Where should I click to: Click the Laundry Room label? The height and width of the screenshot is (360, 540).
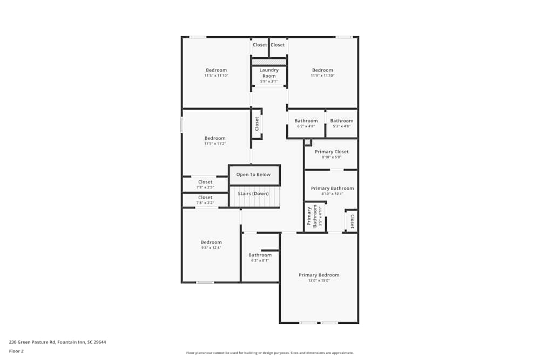click(x=269, y=73)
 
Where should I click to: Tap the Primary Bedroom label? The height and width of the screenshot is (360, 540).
click(x=319, y=275)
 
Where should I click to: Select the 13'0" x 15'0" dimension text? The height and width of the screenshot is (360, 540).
click(x=319, y=281)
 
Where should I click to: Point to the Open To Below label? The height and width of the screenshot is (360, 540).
click(x=254, y=175)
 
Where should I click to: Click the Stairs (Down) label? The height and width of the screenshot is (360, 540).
click(x=253, y=193)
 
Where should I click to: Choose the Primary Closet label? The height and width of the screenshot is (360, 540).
click(x=332, y=152)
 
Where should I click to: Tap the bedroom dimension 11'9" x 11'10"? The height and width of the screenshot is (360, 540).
click(x=322, y=76)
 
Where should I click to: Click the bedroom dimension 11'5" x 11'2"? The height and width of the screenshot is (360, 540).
click(x=215, y=144)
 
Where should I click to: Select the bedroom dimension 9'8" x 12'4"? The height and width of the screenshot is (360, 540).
click(x=211, y=248)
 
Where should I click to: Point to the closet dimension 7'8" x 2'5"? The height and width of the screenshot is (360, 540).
click(x=205, y=187)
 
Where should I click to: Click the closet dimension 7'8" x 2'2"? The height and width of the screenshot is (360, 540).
click(x=205, y=203)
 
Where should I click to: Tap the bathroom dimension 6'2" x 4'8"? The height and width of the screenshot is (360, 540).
click(x=306, y=126)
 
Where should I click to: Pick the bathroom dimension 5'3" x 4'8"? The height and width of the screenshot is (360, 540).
click(x=342, y=126)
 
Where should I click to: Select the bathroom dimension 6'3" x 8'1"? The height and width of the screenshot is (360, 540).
click(x=260, y=261)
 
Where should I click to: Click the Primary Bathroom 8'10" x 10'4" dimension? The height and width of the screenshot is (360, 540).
click(x=332, y=194)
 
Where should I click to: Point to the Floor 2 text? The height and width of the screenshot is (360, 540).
click(x=16, y=351)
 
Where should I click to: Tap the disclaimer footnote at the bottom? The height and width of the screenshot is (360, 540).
click(x=270, y=353)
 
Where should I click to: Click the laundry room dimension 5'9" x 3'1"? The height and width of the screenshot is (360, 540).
click(x=269, y=81)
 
